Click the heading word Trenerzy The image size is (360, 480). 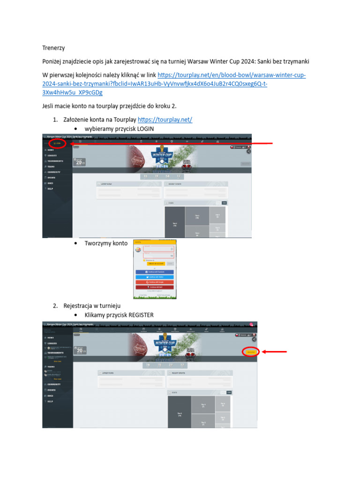(53, 48)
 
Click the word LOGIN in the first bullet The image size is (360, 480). (144, 128)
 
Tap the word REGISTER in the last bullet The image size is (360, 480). (139, 315)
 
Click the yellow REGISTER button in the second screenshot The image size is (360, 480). (251, 352)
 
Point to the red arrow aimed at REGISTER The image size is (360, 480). (274, 352)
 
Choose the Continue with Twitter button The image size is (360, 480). (155, 277)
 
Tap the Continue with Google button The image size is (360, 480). (155, 282)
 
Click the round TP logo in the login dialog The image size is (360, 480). (138, 250)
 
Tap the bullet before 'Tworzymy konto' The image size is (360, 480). (76, 244)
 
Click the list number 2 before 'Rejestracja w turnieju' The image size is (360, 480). (55, 306)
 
